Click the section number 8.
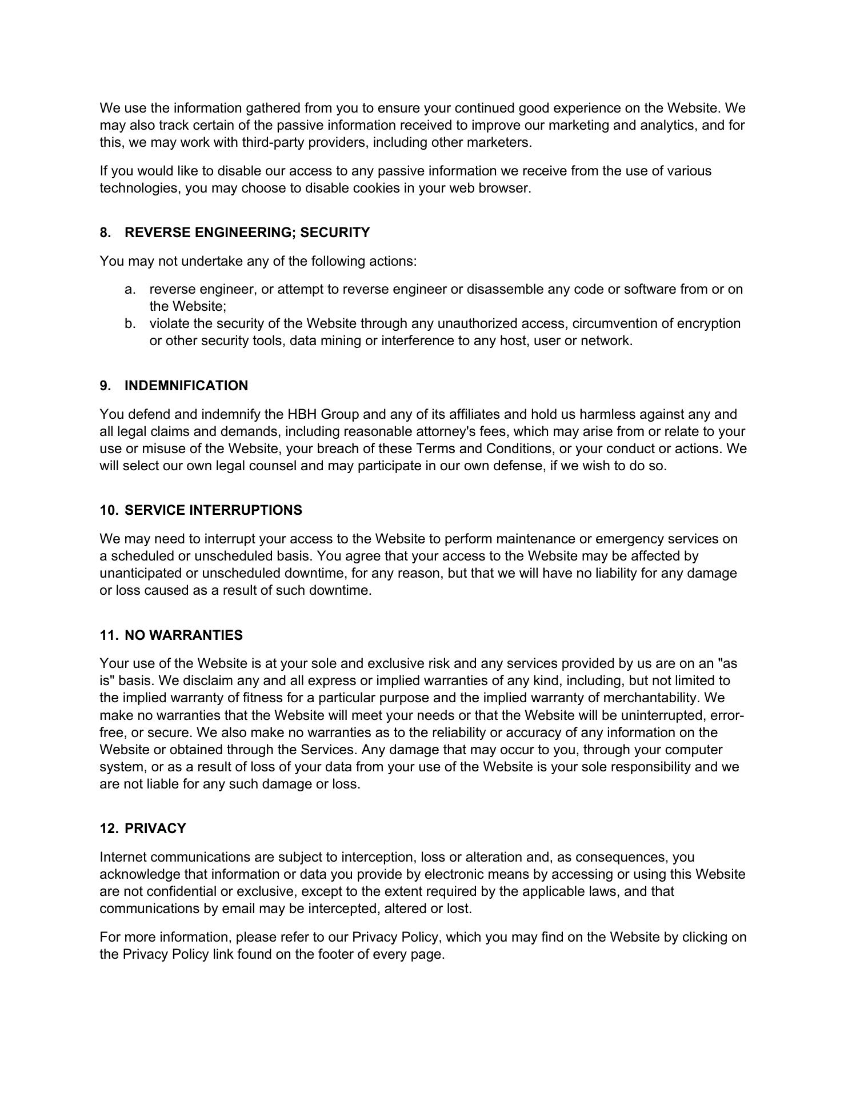105,233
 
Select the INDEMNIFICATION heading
186,386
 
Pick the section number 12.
109,828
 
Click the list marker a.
130,289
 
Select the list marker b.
130,323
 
